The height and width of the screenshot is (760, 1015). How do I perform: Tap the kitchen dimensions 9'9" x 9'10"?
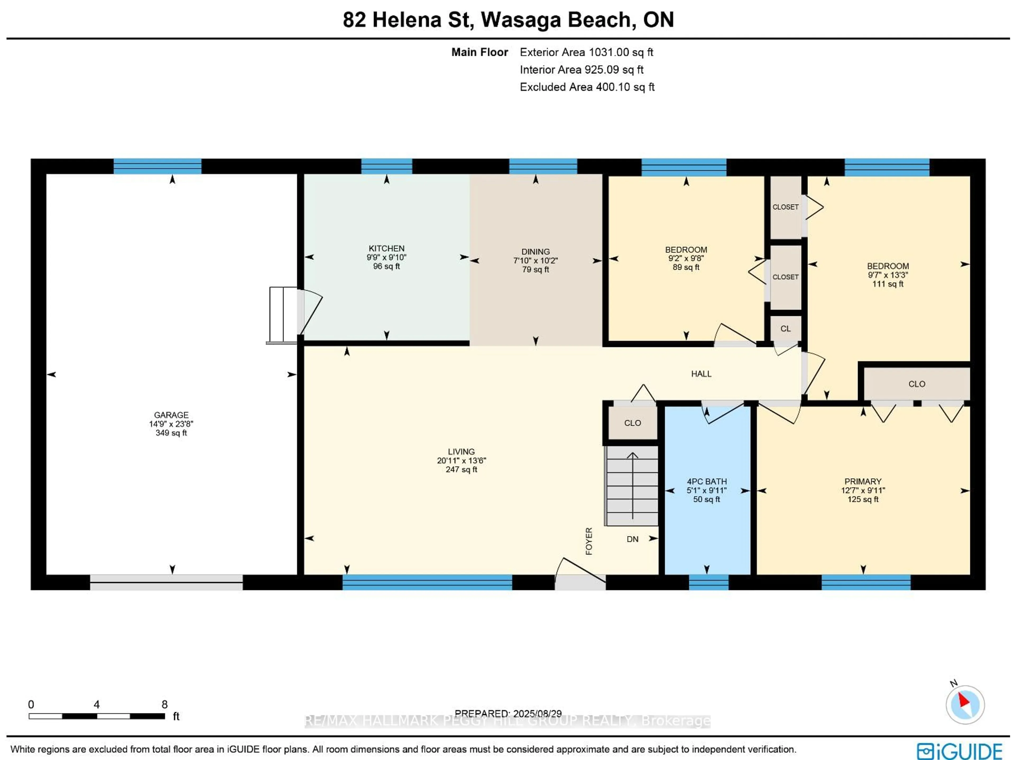386,257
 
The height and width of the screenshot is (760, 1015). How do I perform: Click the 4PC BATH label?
706,481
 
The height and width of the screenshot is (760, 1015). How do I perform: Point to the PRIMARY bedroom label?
863,481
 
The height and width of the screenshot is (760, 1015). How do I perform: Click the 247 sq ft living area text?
461,469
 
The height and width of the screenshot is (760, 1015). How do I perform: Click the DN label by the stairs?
632,539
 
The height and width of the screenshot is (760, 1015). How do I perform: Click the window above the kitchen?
386,166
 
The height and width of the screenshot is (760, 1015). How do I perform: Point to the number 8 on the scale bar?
164,704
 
